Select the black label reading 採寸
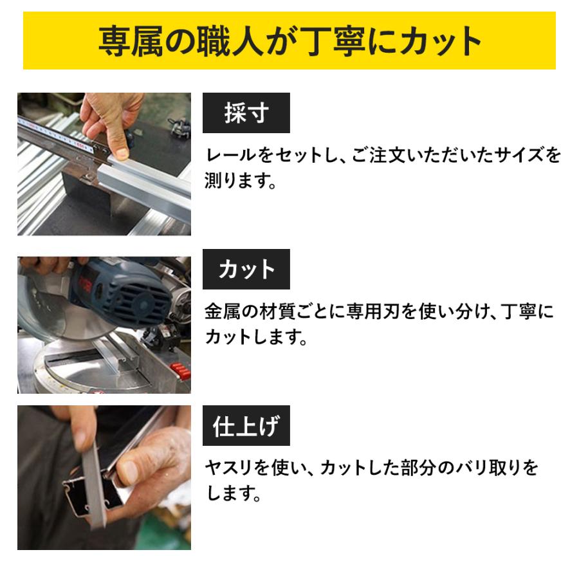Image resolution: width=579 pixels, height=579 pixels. (246, 113)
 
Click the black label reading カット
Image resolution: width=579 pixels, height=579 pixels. (246, 270)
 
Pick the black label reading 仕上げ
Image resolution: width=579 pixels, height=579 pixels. (246, 426)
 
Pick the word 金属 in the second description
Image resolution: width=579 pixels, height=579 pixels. (225, 313)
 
